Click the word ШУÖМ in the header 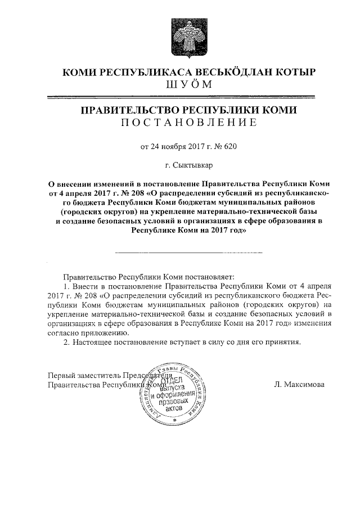(x=188, y=85)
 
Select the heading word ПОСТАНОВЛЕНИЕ (x=188, y=123)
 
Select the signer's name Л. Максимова (x=300, y=385)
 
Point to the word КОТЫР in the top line (x=295, y=73)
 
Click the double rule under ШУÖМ (x=188, y=97)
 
